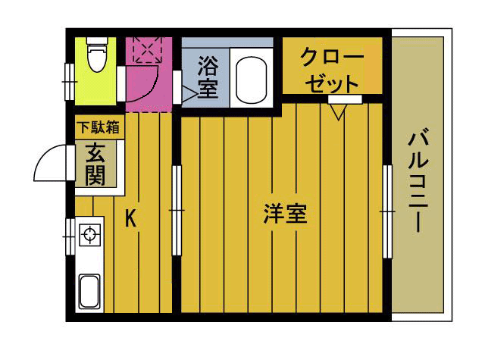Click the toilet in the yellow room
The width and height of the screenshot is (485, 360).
point(96,57)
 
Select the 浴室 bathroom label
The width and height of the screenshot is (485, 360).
point(207,77)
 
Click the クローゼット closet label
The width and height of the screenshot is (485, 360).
point(331,69)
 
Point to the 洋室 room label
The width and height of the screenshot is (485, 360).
point(285,214)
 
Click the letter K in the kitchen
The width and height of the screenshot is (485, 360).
point(130,220)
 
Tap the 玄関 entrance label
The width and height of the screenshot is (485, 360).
point(95,164)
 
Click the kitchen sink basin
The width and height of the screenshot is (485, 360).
point(89,290)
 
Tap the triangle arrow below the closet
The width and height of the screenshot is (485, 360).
point(337,111)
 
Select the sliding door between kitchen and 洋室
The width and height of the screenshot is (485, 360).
point(177,211)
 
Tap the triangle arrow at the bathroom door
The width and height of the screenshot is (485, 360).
point(186,92)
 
